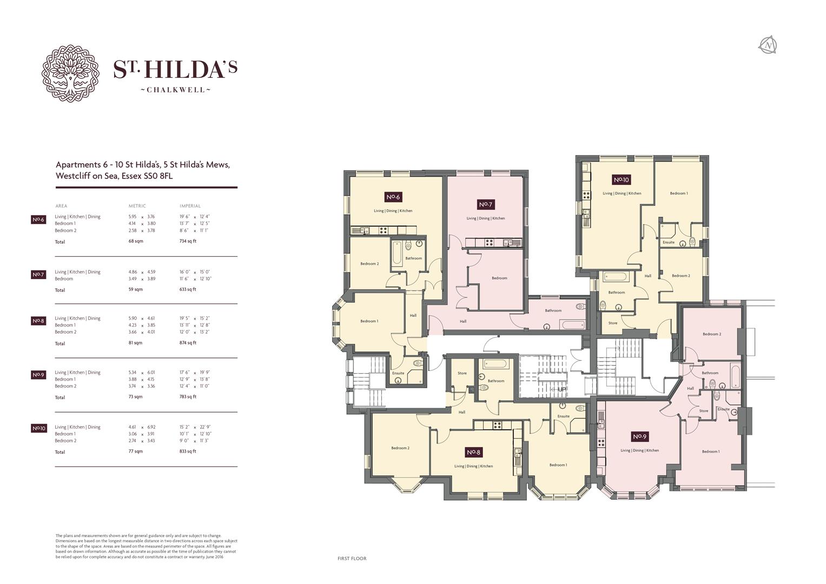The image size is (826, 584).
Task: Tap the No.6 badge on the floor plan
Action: (x=393, y=197)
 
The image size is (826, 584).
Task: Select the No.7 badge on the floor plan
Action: (x=485, y=204)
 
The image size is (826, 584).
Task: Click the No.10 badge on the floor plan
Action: (x=622, y=180)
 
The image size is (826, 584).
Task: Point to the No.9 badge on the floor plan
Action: (x=639, y=436)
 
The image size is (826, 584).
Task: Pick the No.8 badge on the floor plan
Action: (x=473, y=452)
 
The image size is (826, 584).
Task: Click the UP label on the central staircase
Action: (x=561, y=389)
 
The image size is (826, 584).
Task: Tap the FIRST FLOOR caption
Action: (x=352, y=559)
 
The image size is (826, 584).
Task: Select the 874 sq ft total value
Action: (x=188, y=343)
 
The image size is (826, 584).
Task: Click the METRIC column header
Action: (x=137, y=206)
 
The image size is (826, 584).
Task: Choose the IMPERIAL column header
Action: (x=190, y=206)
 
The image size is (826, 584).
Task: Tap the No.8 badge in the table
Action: (x=38, y=321)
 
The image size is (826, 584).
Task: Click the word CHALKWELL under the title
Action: (x=175, y=90)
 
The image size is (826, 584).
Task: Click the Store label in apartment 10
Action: (x=612, y=323)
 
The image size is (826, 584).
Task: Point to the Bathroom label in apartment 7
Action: (x=553, y=310)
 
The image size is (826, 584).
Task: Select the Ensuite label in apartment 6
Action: (x=398, y=373)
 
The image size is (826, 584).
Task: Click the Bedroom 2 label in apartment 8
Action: (x=400, y=448)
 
